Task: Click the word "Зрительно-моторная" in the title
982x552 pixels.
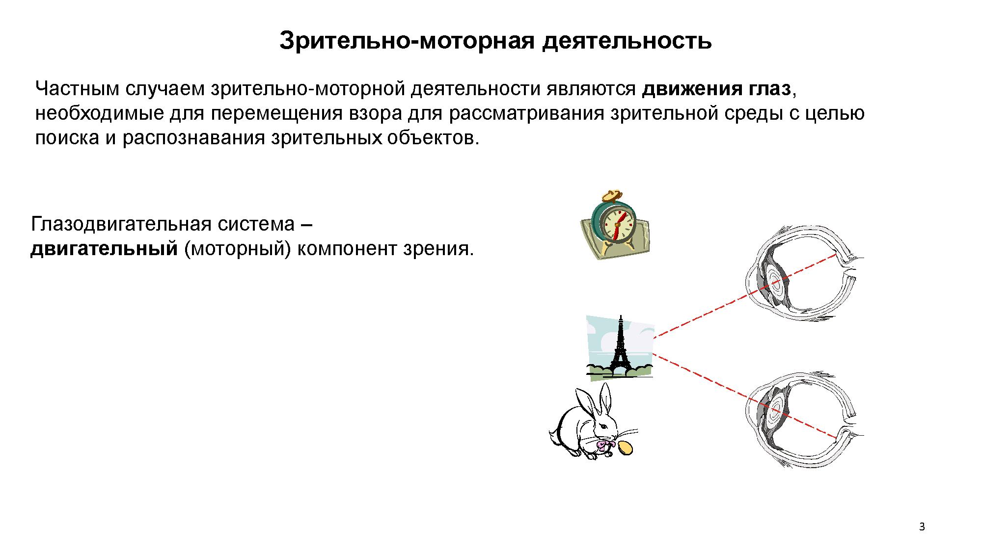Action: [407, 41]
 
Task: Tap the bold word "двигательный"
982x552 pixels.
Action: [104, 249]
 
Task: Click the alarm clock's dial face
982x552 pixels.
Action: [618, 223]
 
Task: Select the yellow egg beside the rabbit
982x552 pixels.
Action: [625, 447]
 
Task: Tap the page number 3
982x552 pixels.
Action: [922, 527]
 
